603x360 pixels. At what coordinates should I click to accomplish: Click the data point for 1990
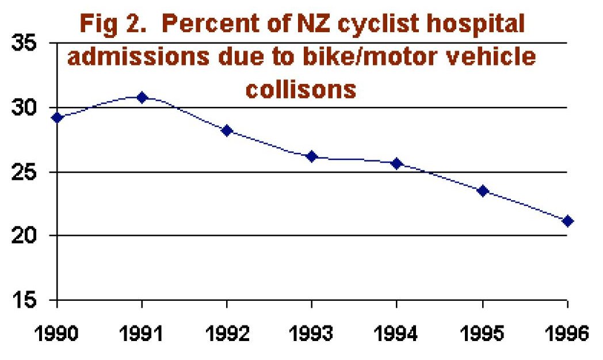56,117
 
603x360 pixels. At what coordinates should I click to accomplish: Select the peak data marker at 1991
142,97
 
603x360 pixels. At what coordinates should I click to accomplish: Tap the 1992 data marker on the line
227,131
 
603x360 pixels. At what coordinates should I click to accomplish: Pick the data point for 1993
312,156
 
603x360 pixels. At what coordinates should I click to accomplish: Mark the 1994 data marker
396,163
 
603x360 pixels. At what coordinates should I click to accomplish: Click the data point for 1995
482,190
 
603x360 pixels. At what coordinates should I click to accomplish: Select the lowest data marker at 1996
567,221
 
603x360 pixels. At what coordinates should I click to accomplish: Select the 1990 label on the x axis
56,334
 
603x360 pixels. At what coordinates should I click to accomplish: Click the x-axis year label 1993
312,334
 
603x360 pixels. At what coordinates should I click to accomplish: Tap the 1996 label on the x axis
566,334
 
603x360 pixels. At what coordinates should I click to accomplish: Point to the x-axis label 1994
396,334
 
